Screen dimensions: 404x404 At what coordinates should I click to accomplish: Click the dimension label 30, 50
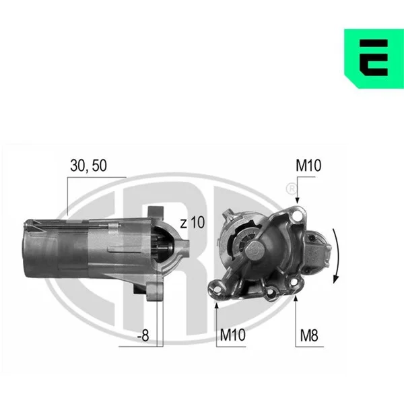tap(88, 166)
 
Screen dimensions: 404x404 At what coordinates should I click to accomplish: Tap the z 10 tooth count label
tap(192, 223)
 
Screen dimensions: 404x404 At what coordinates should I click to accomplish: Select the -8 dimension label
tap(143, 335)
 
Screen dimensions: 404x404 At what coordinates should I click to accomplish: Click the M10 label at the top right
tap(308, 166)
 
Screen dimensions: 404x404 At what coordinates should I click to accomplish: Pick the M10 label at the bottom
tap(233, 335)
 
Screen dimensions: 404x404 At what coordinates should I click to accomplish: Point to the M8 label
tap(309, 335)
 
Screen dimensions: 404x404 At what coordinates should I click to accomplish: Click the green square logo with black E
tap(374, 59)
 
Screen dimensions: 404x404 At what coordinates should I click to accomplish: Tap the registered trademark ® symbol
tap(292, 189)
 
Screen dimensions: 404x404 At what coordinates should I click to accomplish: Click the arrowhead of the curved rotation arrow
tap(335, 279)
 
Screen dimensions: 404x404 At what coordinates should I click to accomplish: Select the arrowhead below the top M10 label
tap(298, 200)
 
